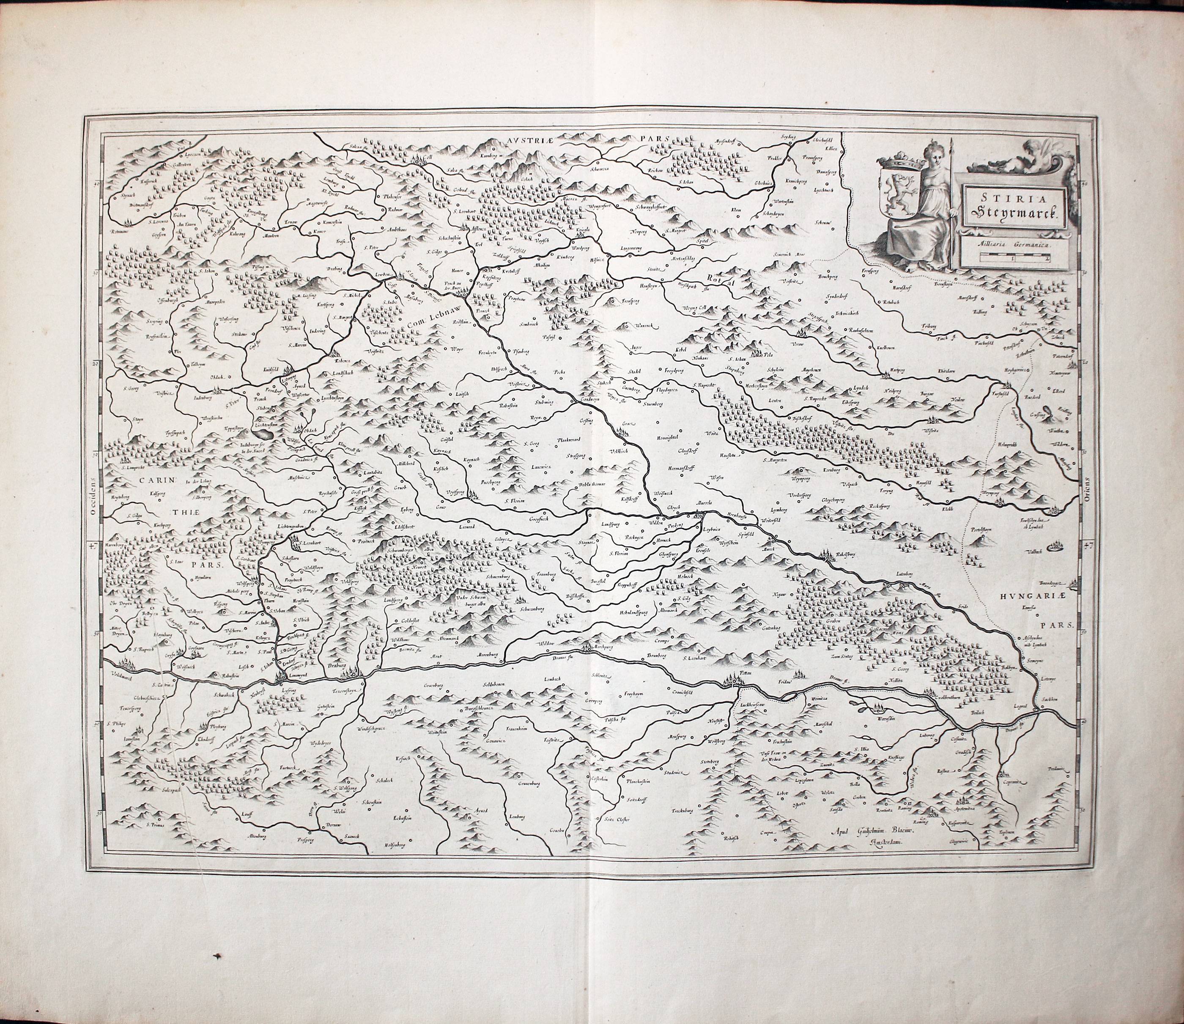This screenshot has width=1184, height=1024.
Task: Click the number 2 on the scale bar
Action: [1047, 258]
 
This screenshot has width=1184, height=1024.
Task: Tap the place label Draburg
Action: [338, 665]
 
